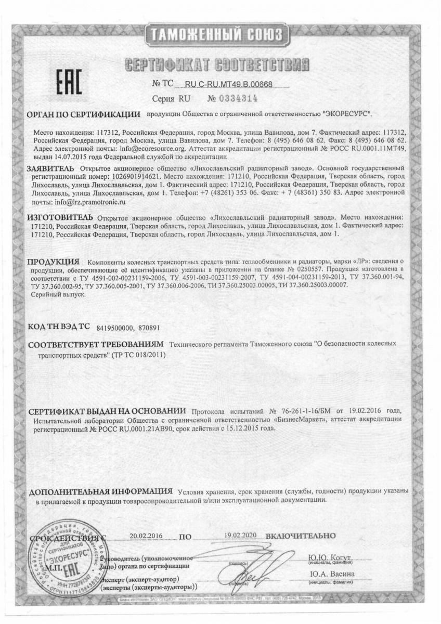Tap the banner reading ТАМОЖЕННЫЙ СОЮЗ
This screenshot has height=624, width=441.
220,35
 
